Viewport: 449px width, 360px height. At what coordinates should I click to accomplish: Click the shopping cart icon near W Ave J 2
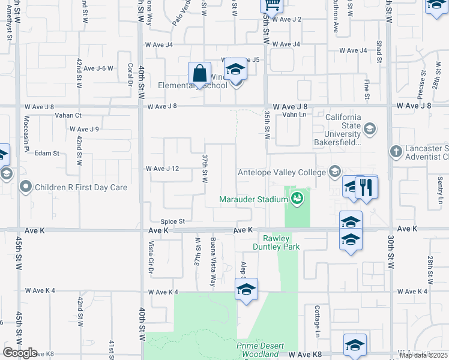point(271,5)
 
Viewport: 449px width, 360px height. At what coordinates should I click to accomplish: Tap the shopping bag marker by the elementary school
point(199,74)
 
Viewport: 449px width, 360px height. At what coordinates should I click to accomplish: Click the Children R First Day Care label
point(81,187)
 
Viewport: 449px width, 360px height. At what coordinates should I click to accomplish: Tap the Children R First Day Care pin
point(25,187)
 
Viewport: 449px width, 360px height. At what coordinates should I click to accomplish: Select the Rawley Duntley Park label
point(285,242)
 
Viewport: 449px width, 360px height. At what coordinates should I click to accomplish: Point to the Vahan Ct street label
point(68,115)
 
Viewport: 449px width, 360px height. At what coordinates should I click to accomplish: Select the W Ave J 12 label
point(163,169)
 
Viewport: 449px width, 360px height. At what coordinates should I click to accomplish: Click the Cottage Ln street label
point(317,320)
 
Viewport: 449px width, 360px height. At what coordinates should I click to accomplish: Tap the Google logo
point(20,353)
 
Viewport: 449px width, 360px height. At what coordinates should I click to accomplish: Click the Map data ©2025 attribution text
point(423,355)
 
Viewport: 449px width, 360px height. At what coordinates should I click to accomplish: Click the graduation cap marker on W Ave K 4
point(246,289)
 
